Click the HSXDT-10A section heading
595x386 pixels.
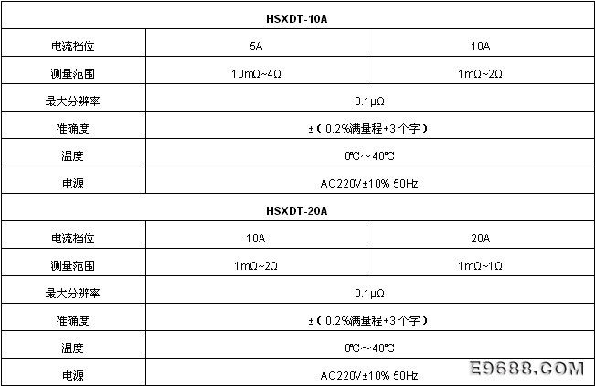pos(297,19)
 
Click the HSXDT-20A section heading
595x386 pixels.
pos(297,211)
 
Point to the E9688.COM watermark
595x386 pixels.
pos(526,368)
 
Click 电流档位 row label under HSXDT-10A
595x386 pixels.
pos(73,47)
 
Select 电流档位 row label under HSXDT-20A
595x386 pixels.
pos(73,238)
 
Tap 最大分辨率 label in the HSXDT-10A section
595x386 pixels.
pos(73,101)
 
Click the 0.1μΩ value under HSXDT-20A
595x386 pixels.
pos(369,293)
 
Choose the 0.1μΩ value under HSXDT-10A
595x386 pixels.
pos(369,101)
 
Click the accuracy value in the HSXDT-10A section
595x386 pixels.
pos(368,129)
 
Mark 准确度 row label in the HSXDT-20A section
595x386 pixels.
pos(73,321)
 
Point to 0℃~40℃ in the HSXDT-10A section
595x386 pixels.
pos(369,156)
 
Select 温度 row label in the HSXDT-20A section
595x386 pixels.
pos(73,348)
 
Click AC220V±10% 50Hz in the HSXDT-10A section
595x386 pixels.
pos(369,184)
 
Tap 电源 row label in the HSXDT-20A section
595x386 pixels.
pos(73,375)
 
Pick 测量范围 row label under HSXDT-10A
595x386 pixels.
pos(73,74)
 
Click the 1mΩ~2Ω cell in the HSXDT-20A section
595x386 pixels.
pos(256,265)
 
